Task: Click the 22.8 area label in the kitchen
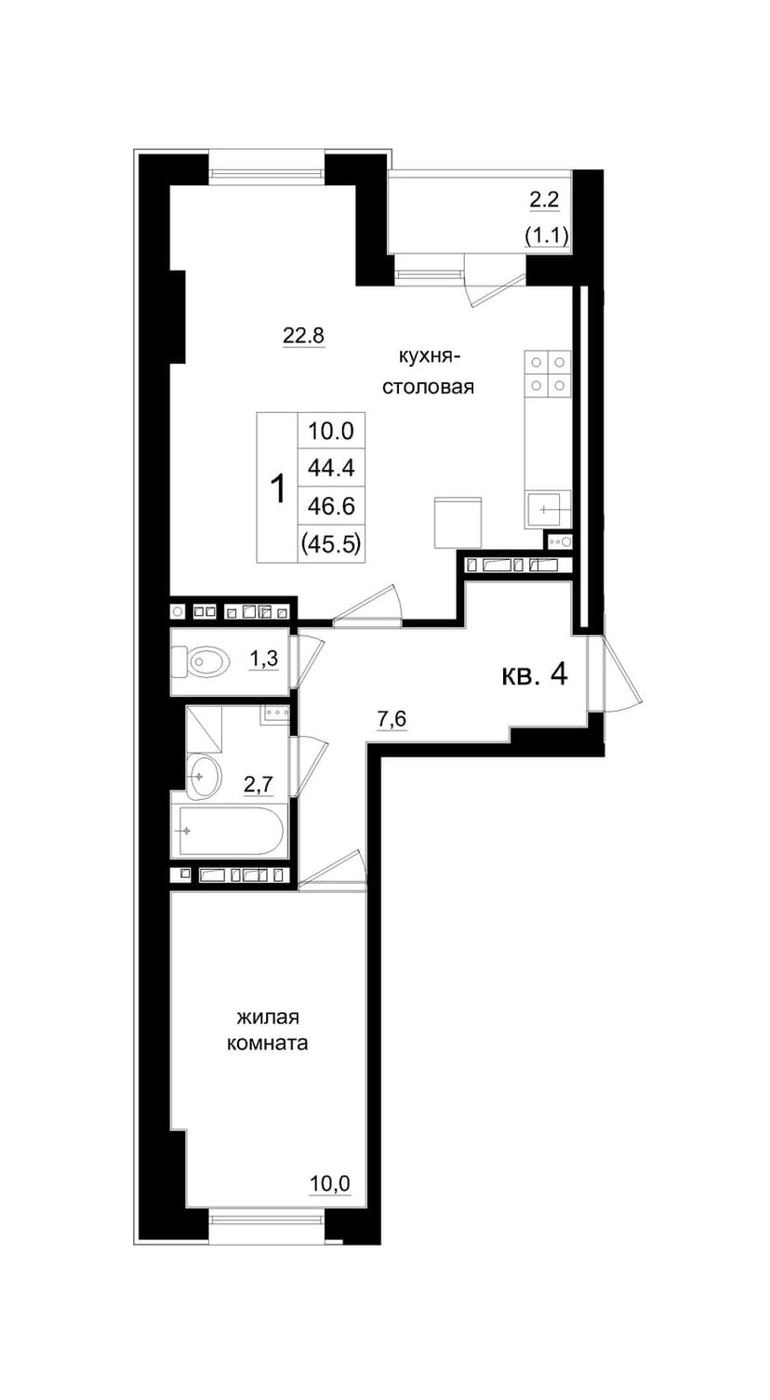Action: pyautogui.click(x=304, y=336)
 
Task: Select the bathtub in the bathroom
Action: pyautogui.click(x=231, y=832)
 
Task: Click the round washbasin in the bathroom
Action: pyautogui.click(x=203, y=776)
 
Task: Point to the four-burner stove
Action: pyautogui.click(x=548, y=373)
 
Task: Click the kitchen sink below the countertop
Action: pyautogui.click(x=548, y=509)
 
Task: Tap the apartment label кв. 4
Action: pyautogui.click(x=535, y=675)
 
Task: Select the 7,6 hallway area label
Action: pyautogui.click(x=392, y=719)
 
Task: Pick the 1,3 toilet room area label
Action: pyautogui.click(x=264, y=658)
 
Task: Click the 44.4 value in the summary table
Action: pyautogui.click(x=331, y=468)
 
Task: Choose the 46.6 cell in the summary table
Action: pyautogui.click(x=331, y=506)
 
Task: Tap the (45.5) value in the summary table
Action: pyautogui.click(x=331, y=544)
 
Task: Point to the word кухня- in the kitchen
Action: pyautogui.click(x=430, y=357)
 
